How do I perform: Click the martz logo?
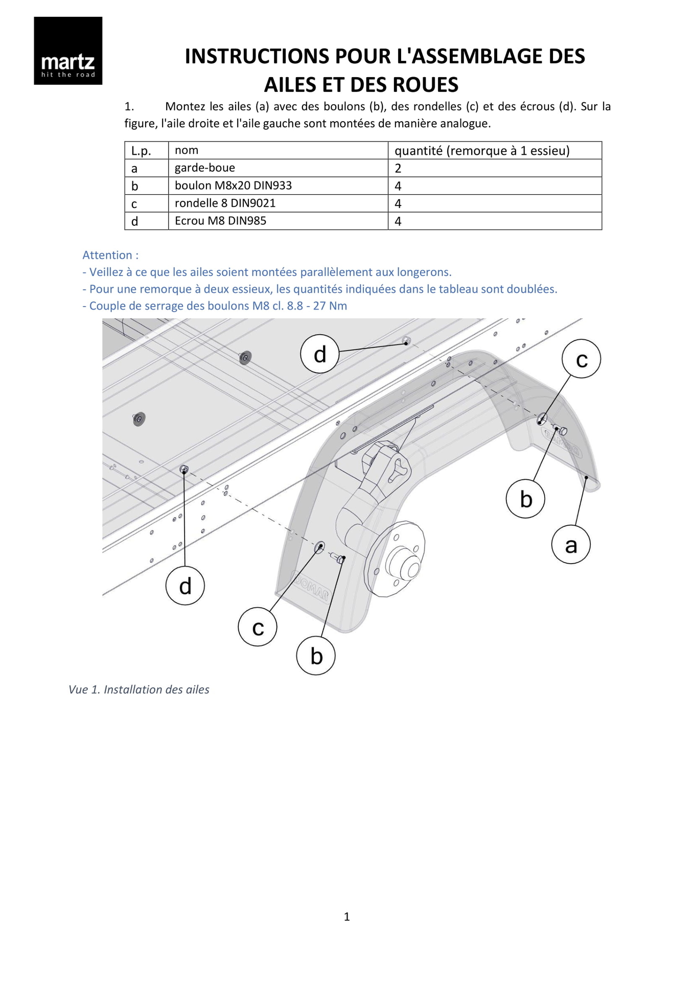pyautogui.click(x=68, y=51)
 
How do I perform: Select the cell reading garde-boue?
pyautogui.click(x=204, y=168)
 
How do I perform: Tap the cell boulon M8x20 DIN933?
pyautogui.click(x=233, y=185)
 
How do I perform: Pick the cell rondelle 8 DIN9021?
pyautogui.click(x=225, y=203)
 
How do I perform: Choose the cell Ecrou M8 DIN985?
pyautogui.click(x=220, y=221)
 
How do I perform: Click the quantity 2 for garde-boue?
pyautogui.click(x=398, y=169)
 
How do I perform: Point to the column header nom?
pyautogui.click(x=187, y=150)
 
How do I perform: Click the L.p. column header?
pyautogui.click(x=141, y=151)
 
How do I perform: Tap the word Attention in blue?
pyautogui.click(x=107, y=255)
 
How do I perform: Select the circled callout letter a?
pyautogui.click(x=571, y=545)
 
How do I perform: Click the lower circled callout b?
pyautogui.click(x=316, y=656)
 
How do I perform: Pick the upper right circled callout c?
pyautogui.click(x=581, y=359)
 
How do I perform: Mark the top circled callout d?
pyautogui.click(x=320, y=354)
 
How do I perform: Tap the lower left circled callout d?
pyautogui.click(x=185, y=586)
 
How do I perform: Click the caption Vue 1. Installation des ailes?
pyautogui.click(x=139, y=690)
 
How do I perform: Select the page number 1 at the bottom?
pyautogui.click(x=347, y=917)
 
